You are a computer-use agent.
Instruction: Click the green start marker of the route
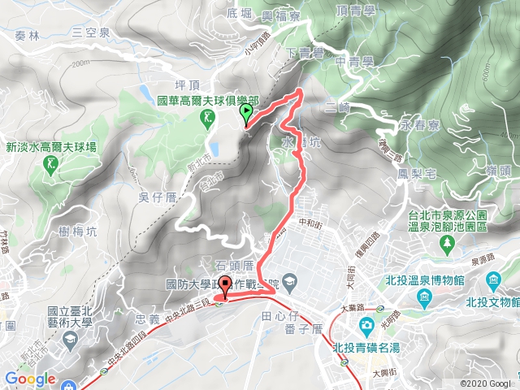click(246, 115)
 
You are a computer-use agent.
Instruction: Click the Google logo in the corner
click(29, 379)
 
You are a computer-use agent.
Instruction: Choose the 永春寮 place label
click(420, 127)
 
